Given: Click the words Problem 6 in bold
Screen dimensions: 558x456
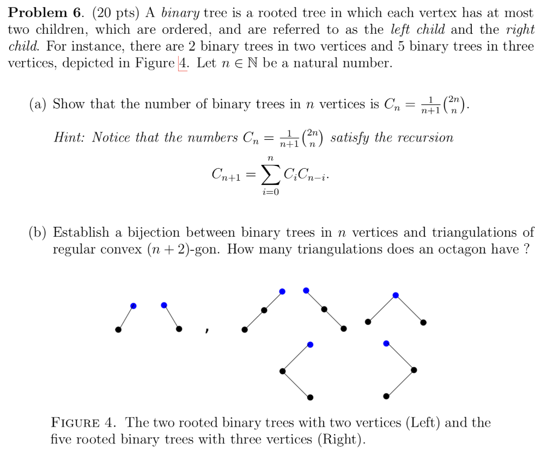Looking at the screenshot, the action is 41,13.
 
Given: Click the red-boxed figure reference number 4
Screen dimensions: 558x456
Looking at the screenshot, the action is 183,63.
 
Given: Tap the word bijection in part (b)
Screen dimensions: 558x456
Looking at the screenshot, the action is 154,233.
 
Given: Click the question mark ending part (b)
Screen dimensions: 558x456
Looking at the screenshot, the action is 526,250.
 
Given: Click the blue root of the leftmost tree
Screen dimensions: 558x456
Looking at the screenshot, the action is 134,306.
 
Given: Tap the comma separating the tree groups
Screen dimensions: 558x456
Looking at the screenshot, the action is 207,330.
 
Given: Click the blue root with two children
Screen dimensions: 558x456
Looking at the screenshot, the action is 396,295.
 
